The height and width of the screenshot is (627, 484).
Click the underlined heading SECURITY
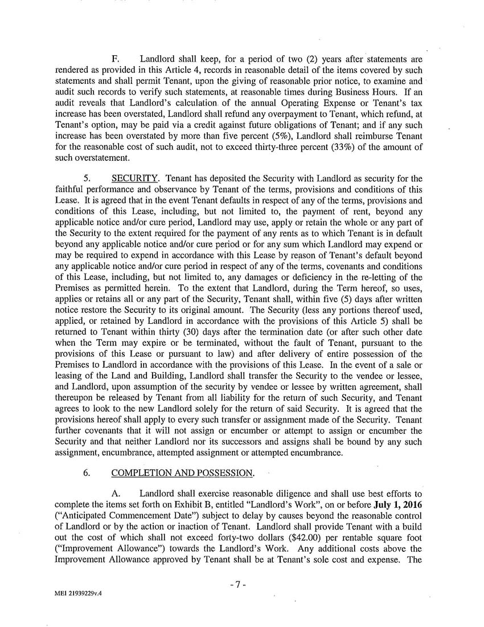(134, 179)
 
